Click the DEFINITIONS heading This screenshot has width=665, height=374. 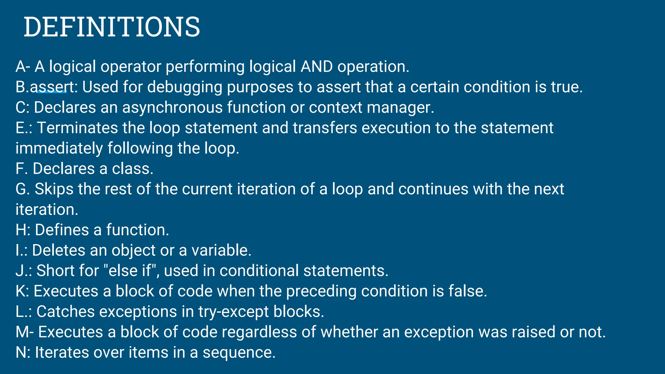tap(112, 27)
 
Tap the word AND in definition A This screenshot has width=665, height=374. tap(317, 67)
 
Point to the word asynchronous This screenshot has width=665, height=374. tap(172, 108)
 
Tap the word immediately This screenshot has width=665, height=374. tap(59, 149)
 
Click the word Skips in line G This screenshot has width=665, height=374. tap(54, 189)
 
